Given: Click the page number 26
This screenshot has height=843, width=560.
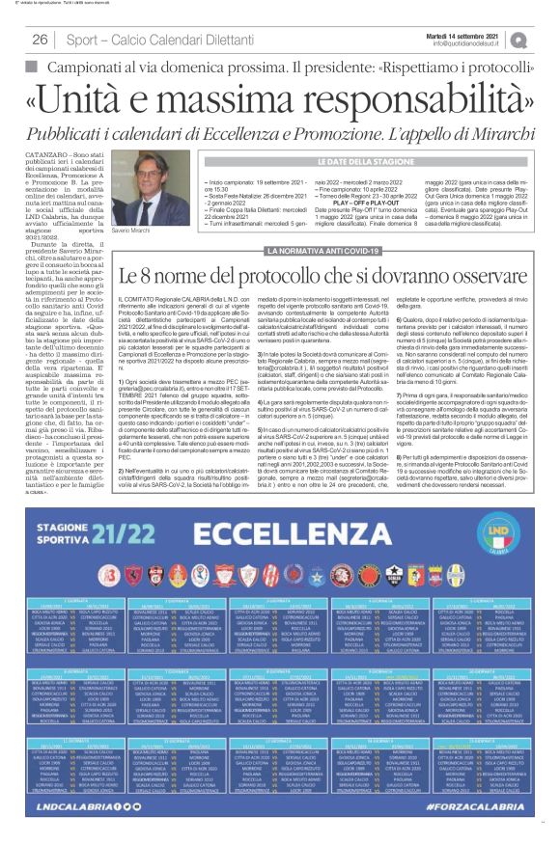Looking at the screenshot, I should tap(41, 40).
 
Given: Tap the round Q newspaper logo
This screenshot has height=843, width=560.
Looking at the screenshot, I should tap(546, 40).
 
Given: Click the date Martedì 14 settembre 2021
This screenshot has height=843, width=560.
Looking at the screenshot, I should tap(485, 34).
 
